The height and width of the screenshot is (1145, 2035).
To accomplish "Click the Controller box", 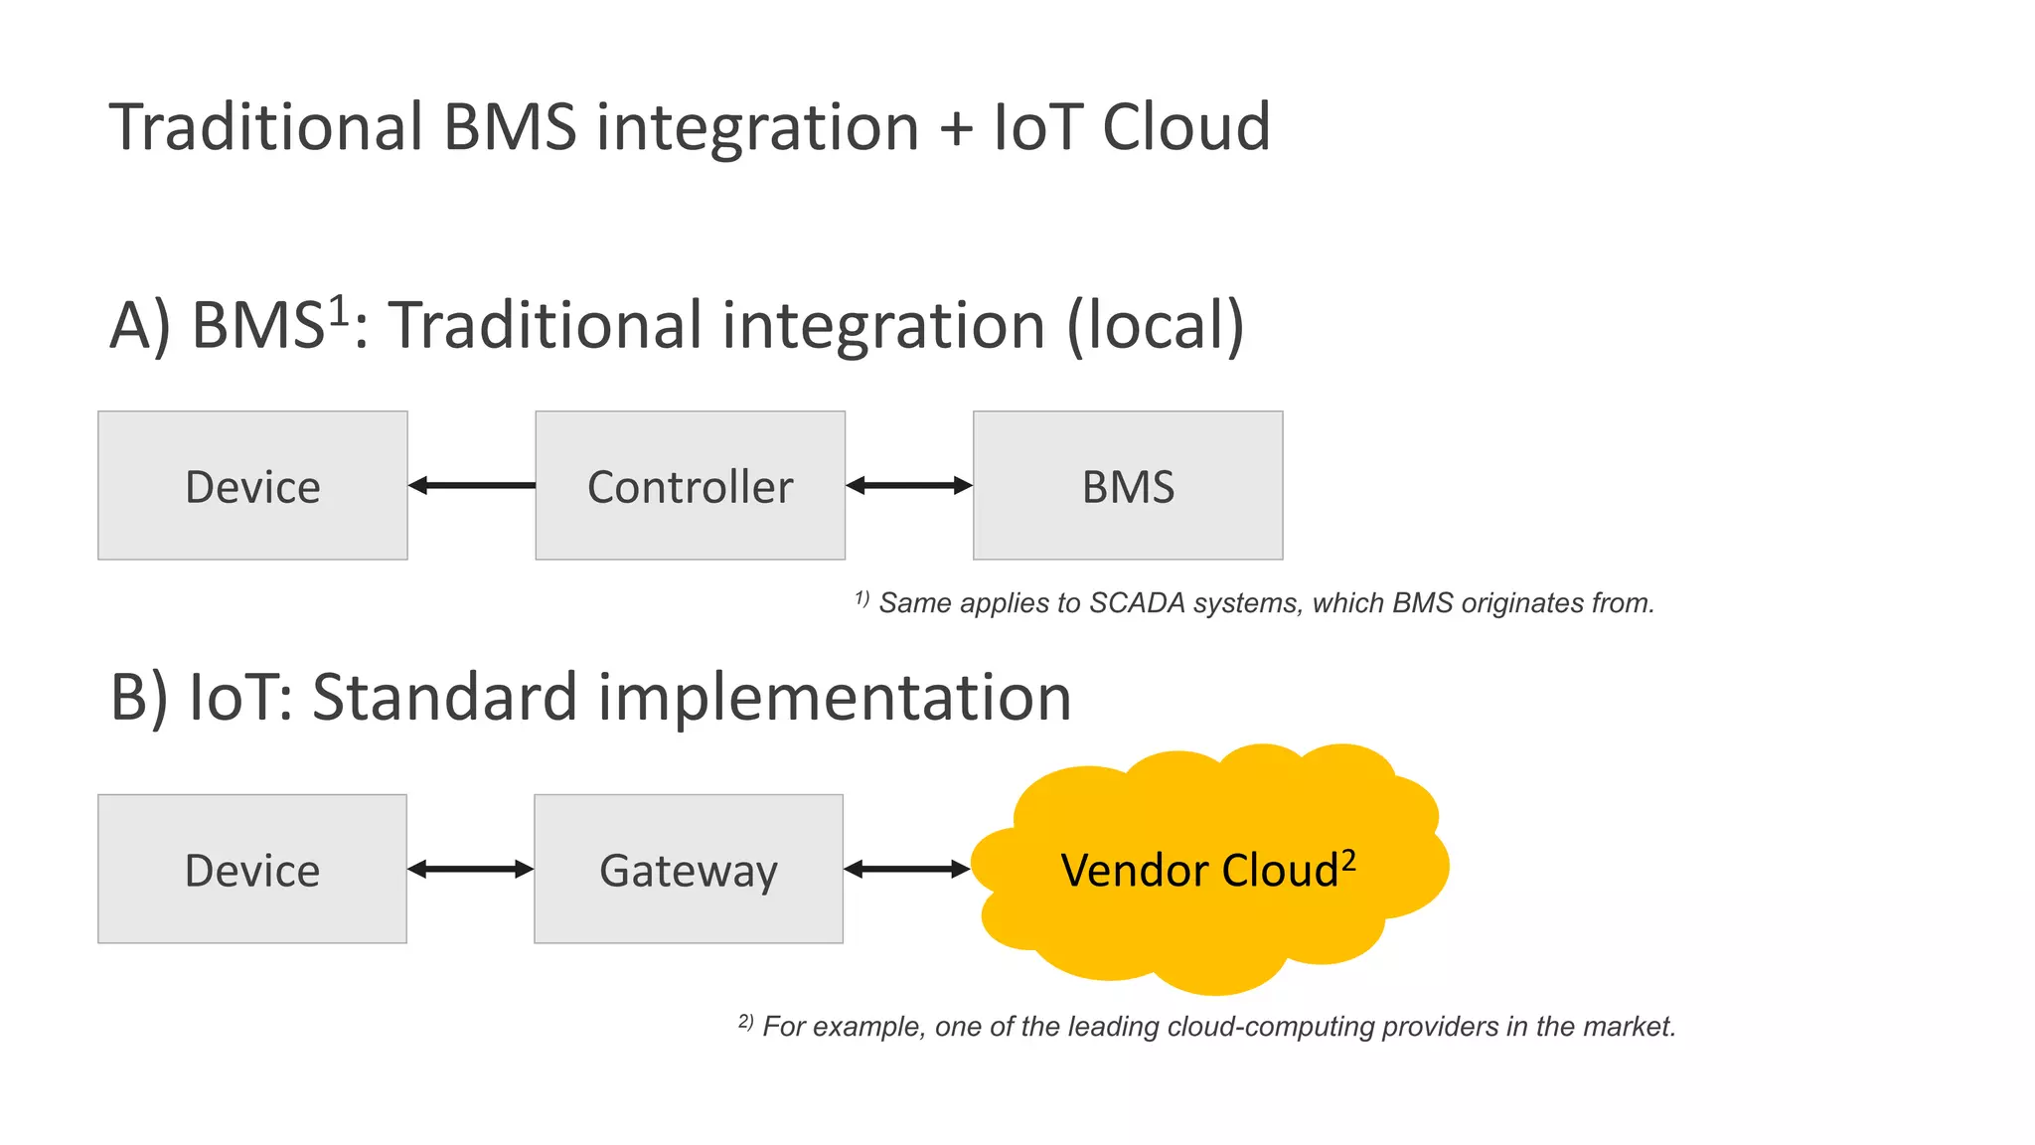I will click(x=690, y=486).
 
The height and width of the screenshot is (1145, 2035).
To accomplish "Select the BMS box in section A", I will click(x=1128, y=486).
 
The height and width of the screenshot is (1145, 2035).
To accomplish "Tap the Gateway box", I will click(x=689, y=869).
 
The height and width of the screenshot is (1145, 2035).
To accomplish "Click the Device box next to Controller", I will click(x=252, y=486).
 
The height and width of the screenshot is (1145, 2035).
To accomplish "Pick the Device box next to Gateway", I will click(x=252, y=869).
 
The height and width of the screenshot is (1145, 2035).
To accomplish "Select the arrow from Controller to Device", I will click(x=472, y=485).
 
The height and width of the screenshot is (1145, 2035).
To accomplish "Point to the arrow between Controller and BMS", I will click(x=909, y=485).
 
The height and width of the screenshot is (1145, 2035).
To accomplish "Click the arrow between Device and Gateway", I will click(x=470, y=869).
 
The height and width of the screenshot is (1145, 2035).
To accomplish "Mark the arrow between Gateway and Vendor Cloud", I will click(x=906, y=869).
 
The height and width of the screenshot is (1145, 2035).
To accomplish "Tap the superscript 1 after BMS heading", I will click(x=339, y=309).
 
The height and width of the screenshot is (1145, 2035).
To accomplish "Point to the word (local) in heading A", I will click(x=1155, y=326).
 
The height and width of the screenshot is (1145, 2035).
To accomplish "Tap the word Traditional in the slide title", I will click(x=266, y=127).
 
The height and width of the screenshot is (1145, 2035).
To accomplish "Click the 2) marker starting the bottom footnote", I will click(x=746, y=1022).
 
